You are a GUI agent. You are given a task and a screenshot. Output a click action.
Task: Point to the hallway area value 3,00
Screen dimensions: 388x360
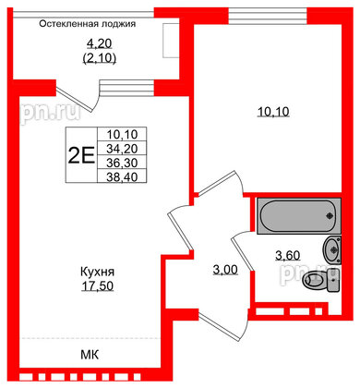coord(225,270)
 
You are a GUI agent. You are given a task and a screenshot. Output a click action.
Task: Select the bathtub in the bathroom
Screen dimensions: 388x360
coord(296,219)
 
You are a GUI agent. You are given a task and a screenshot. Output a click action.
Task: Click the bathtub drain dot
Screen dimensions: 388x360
coord(329,218)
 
